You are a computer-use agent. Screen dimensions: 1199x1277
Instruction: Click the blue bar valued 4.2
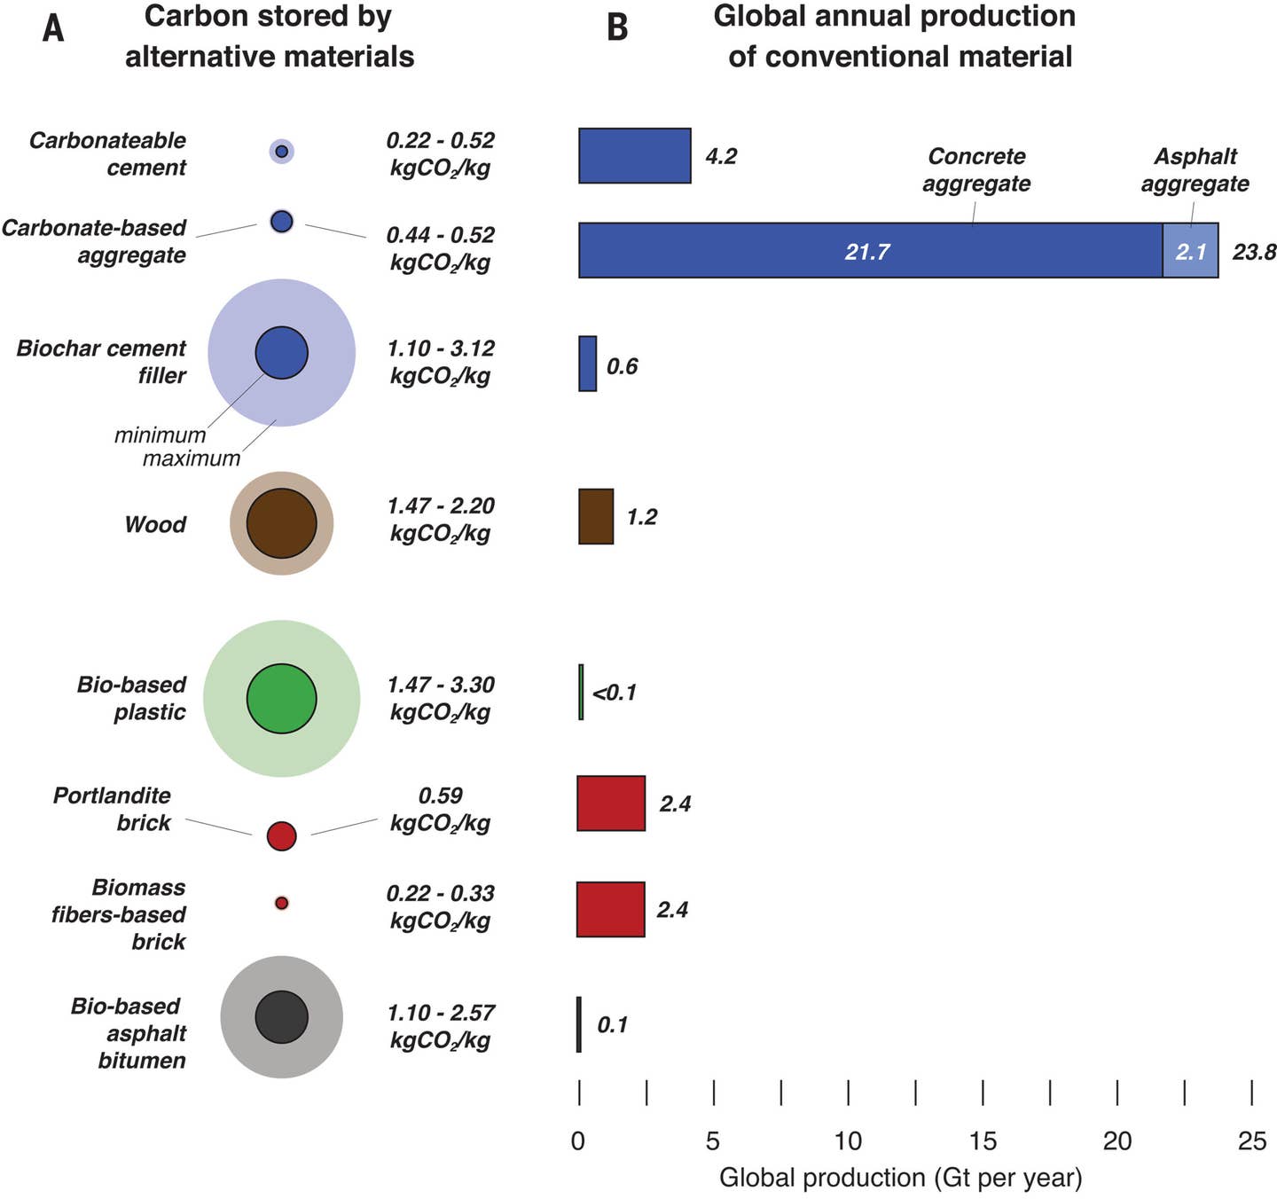click(634, 156)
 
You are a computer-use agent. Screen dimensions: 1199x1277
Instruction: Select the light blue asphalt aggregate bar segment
click(1190, 251)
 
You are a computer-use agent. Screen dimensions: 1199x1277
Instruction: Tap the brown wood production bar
click(596, 516)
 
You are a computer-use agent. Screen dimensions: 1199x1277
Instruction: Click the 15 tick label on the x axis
click(983, 1140)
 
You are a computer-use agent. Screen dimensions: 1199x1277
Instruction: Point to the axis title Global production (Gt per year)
click(900, 1177)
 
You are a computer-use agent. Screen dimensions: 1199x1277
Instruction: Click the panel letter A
click(53, 28)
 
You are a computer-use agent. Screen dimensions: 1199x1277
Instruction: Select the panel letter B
click(617, 28)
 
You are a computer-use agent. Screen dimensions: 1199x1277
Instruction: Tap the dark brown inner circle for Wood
click(281, 523)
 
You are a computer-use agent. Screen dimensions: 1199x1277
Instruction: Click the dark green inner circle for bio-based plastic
click(281, 699)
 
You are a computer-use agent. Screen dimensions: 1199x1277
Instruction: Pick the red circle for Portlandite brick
click(281, 835)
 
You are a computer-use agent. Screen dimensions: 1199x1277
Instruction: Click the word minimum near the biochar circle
click(160, 435)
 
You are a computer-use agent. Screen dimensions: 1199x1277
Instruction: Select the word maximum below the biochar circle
click(192, 458)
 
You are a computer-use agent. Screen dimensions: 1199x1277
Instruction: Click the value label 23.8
click(1254, 252)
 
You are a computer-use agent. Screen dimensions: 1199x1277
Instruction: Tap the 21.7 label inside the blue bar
click(866, 252)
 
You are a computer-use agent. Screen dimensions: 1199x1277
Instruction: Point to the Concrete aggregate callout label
click(976, 169)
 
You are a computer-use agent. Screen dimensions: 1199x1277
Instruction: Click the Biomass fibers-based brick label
click(119, 914)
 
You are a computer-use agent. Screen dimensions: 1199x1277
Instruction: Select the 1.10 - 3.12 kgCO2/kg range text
click(440, 362)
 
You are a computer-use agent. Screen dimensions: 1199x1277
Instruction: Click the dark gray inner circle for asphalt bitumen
click(281, 1017)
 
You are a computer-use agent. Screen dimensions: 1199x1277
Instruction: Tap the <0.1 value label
click(615, 693)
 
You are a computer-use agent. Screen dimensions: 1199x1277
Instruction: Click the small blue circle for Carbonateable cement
click(281, 151)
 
